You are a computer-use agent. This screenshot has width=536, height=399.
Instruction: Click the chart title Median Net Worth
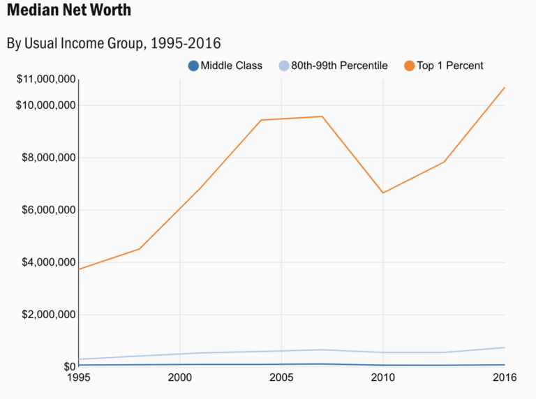pyautogui.click(x=68, y=12)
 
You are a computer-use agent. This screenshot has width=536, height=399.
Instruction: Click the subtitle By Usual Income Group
pyautogui.click(x=114, y=43)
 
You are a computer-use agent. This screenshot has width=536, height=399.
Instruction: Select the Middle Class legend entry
pyautogui.click(x=231, y=66)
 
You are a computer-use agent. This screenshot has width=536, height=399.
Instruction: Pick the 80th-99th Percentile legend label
pyautogui.click(x=339, y=66)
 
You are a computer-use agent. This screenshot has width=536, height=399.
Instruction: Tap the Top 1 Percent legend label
pyautogui.click(x=450, y=66)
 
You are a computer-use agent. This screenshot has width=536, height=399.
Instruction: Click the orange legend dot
pyautogui.click(x=409, y=66)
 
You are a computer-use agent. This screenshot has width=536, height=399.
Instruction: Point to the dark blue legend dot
pyautogui.click(x=193, y=66)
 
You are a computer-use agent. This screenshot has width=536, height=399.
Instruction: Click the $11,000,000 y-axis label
pyautogui.click(x=46, y=80)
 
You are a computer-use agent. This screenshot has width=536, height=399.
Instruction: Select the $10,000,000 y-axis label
pyautogui.click(x=46, y=105)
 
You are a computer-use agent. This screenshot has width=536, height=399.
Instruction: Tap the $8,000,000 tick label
pyautogui.click(x=49, y=158)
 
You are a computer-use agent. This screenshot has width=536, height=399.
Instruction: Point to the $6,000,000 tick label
pyautogui.click(x=49, y=210)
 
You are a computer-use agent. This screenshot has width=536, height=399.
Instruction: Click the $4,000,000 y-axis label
pyautogui.click(x=49, y=262)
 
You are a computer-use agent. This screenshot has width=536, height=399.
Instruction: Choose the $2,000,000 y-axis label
pyautogui.click(x=49, y=315)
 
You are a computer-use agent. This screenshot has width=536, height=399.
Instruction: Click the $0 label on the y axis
pyautogui.click(x=69, y=367)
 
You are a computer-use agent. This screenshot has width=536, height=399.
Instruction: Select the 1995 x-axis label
pyautogui.click(x=79, y=378)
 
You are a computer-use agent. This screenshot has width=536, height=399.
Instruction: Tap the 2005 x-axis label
pyautogui.click(x=281, y=378)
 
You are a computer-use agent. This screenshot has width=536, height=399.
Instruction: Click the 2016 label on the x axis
pyautogui.click(x=504, y=378)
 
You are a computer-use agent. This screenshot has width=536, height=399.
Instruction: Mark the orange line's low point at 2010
pyautogui.click(x=382, y=193)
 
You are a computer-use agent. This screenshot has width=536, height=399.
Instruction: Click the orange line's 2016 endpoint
pyautogui.click(x=504, y=87)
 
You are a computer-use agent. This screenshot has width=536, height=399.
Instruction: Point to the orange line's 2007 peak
pyautogui.click(x=322, y=116)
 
